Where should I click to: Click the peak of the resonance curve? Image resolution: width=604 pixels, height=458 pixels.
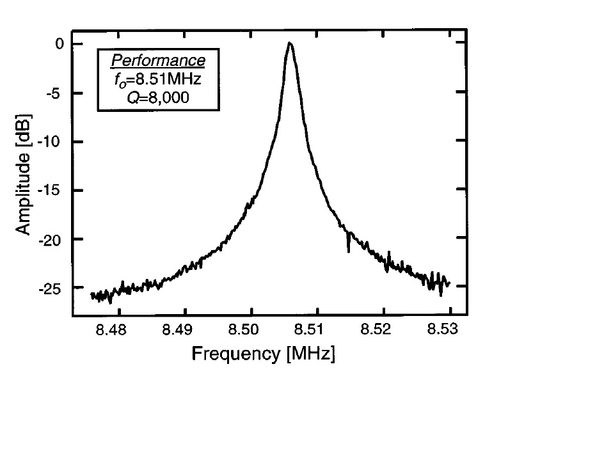point(290,43)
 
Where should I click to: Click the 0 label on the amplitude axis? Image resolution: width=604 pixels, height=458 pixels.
point(58,44)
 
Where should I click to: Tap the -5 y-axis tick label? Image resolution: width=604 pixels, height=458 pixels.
point(54,93)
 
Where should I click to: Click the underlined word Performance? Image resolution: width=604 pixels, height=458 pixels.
point(158,61)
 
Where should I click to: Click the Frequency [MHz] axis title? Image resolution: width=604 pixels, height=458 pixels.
point(263,353)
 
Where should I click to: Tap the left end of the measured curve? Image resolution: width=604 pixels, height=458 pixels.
point(92,295)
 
